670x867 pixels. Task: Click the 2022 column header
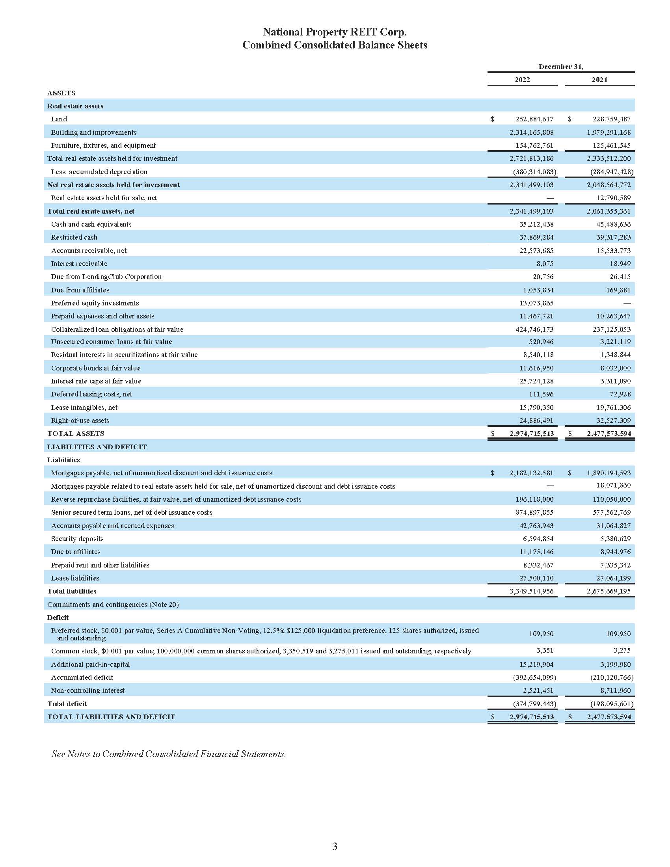click(522, 80)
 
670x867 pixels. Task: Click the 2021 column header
click(599, 80)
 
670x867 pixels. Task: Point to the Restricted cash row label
click(74, 237)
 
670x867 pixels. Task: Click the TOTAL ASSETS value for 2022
click(532, 433)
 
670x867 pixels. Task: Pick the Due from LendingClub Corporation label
click(106, 277)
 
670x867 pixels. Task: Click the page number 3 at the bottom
click(335, 847)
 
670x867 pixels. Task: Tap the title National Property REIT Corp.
click(335, 32)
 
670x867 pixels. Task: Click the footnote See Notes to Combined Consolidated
click(169, 754)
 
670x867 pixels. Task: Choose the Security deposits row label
click(77, 539)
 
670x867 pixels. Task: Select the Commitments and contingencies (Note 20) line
click(113, 605)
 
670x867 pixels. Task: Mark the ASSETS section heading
click(61, 93)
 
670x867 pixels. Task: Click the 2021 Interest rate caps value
click(615, 381)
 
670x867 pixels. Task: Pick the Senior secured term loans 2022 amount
click(534, 512)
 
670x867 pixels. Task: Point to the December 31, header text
click(561, 67)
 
